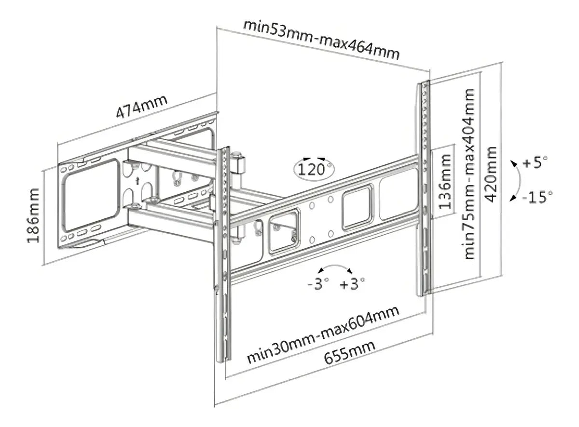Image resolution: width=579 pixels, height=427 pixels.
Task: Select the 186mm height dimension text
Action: (33, 215)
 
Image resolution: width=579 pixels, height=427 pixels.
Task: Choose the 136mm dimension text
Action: (445, 182)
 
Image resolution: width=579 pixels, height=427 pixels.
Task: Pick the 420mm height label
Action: (491, 174)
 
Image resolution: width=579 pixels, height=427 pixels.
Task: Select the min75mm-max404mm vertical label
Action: (469, 174)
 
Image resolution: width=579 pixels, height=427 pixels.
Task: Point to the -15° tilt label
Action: (537, 197)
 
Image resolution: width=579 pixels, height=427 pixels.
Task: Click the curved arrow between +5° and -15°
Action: (520, 180)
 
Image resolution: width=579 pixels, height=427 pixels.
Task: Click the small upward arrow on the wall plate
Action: (138, 181)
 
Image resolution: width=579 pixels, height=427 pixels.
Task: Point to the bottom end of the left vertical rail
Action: (224, 361)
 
